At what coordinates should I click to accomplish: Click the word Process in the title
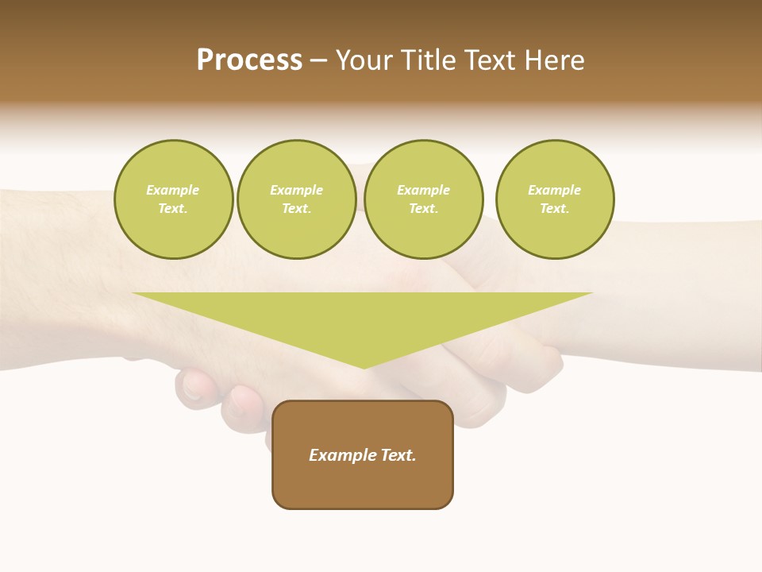tap(249, 60)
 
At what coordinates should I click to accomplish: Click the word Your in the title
tap(364, 60)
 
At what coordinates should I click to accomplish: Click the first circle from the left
tap(173, 199)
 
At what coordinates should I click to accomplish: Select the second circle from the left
tap(296, 199)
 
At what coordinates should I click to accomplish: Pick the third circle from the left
tap(423, 199)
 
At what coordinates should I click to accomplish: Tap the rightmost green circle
tap(554, 199)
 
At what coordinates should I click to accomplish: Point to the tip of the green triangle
tap(364, 367)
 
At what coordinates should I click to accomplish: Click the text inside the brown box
tap(363, 455)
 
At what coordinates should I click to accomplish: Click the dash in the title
tap(318, 60)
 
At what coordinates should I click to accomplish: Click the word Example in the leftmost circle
tap(173, 190)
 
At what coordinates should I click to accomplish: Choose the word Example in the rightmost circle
tap(554, 190)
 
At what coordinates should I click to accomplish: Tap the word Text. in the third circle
tap(423, 209)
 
